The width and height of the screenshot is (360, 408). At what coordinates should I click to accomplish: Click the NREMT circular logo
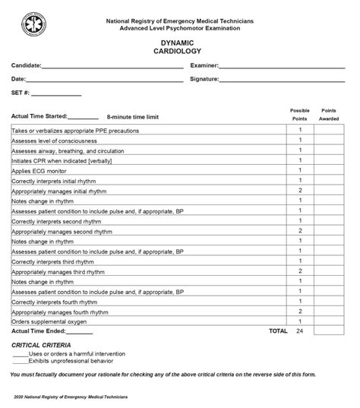(x=34, y=24)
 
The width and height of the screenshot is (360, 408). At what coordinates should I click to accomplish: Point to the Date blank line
(x=104, y=79)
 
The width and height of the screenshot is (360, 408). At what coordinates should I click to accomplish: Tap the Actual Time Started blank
(x=84, y=118)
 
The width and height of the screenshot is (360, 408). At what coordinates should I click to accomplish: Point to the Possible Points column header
(x=300, y=115)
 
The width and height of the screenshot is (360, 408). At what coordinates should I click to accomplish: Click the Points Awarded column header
(x=329, y=115)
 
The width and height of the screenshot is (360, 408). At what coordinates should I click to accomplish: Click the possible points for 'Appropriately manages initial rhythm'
(x=300, y=190)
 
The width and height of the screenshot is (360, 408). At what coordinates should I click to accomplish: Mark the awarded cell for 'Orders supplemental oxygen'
(x=329, y=321)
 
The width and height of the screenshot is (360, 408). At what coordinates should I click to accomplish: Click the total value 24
(x=300, y=331)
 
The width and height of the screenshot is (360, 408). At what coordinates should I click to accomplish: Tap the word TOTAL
(x=278, y=331)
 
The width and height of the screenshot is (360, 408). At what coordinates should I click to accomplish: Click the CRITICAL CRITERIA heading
(x=43, y=345)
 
